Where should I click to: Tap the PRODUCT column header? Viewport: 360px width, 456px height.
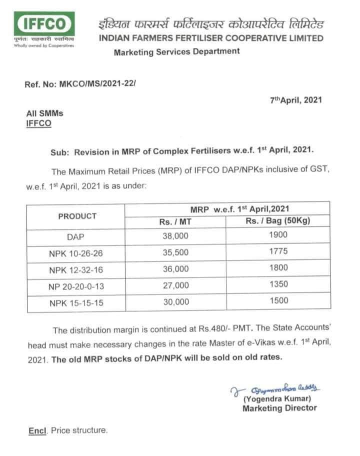click(77, 216)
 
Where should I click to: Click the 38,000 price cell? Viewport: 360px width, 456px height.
click(175, 237)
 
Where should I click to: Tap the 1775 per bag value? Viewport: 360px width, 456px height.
click(278, 252)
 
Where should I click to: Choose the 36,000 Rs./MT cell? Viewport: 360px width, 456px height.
click(175, 269)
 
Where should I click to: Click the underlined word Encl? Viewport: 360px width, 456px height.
click(37, 430)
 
